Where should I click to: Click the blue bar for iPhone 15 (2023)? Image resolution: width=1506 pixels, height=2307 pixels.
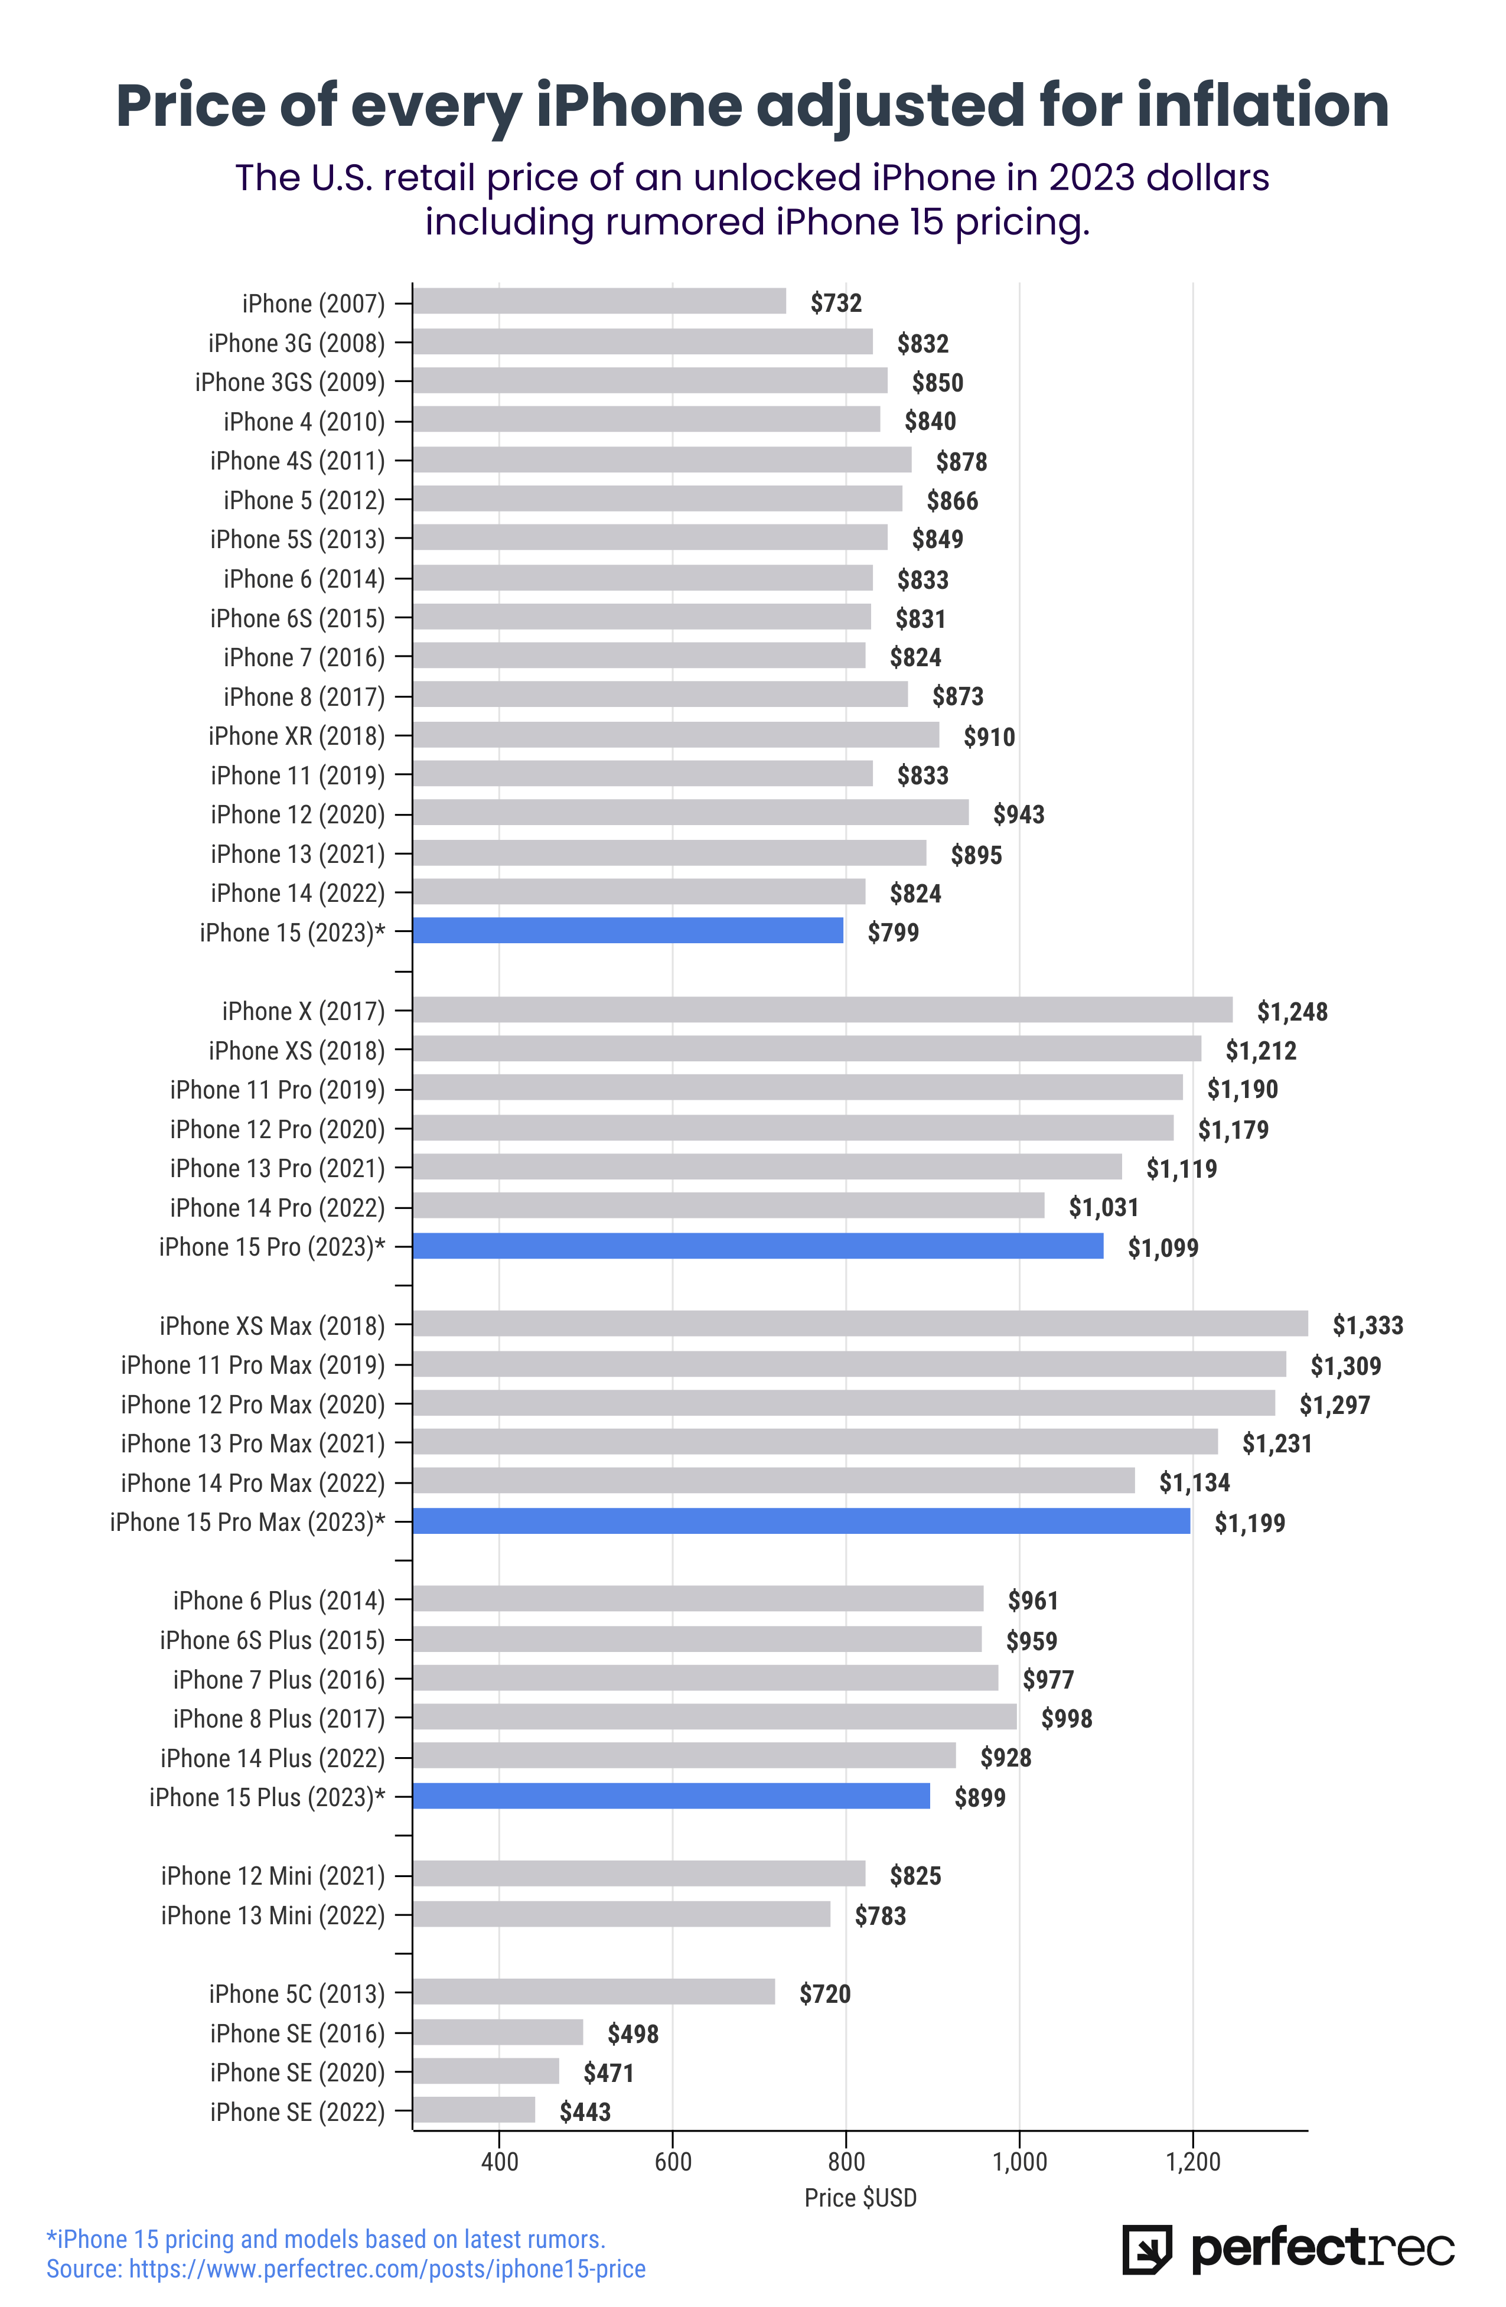(x=628, y=931)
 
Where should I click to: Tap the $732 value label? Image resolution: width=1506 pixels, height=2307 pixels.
(x=835, y=304)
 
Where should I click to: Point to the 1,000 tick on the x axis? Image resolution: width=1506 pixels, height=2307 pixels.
(x=1019, y=2162)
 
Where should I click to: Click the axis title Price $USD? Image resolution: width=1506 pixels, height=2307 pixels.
(x=860, y=2198)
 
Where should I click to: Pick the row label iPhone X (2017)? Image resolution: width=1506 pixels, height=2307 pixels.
(x=304, y=1011)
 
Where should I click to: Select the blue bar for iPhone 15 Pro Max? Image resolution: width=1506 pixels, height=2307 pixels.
(x=801, y=1521)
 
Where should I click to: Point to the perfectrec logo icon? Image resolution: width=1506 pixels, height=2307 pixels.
(x=1146, y=2249)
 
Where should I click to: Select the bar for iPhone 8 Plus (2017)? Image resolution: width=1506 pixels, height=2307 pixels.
(x=715, y=1717)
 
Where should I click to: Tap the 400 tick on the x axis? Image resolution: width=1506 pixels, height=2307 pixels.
(x=499, y=2162)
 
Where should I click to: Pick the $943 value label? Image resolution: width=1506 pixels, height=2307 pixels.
(x=1019, y=814)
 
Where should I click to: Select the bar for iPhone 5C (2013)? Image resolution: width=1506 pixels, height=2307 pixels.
(x=594, y=1992)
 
